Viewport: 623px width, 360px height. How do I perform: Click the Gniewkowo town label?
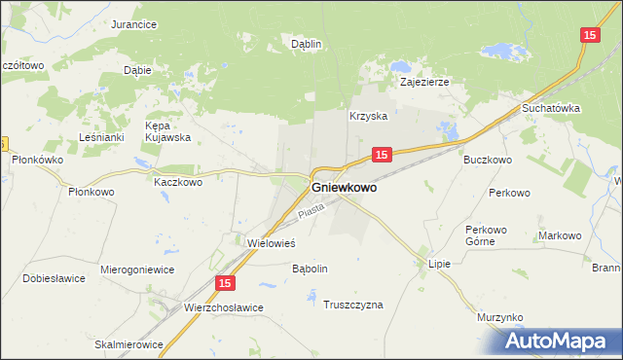[344, 188]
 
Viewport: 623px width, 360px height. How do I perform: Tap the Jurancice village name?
[134, 24]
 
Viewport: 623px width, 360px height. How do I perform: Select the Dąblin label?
[307, 44]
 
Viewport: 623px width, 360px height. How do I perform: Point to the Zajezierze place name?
[425, 83]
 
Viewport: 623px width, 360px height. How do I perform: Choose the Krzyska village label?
[369, 116]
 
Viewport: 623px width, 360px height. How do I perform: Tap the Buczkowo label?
[488, 159]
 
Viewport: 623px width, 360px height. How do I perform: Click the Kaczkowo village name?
[178, 181]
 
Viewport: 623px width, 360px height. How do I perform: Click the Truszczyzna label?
[353, 305]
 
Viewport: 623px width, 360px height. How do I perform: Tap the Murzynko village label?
[501, 318]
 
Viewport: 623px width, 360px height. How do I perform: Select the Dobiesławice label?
[55, 278]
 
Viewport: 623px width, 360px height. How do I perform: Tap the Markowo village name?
[560, 235]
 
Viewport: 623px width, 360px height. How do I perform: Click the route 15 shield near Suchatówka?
[589, 35]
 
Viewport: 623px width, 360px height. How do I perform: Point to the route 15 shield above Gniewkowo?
[382, 155]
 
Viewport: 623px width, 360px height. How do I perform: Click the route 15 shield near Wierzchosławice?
[225, 283]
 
